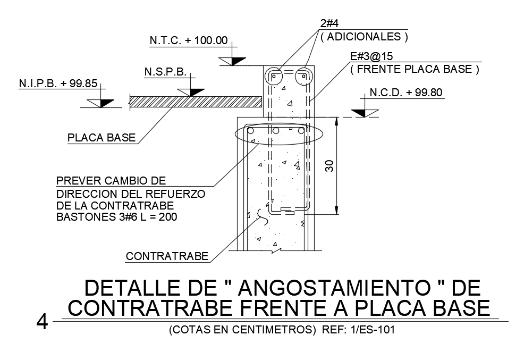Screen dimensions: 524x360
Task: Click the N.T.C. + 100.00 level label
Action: coord(188,40)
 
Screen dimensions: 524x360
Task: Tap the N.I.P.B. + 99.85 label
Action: coord(51,83)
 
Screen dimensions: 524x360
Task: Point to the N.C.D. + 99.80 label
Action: coord(407,93)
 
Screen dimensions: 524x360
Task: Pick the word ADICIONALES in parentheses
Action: coord(364,37)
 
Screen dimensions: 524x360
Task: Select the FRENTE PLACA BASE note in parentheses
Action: coord(415,69)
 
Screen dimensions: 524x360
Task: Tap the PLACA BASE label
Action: coord(102,138)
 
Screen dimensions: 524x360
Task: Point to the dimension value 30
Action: coord(329,166)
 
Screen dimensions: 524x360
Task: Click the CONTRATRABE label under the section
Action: coord(167,257)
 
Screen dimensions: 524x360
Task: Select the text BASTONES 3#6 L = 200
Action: coord(116,217)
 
